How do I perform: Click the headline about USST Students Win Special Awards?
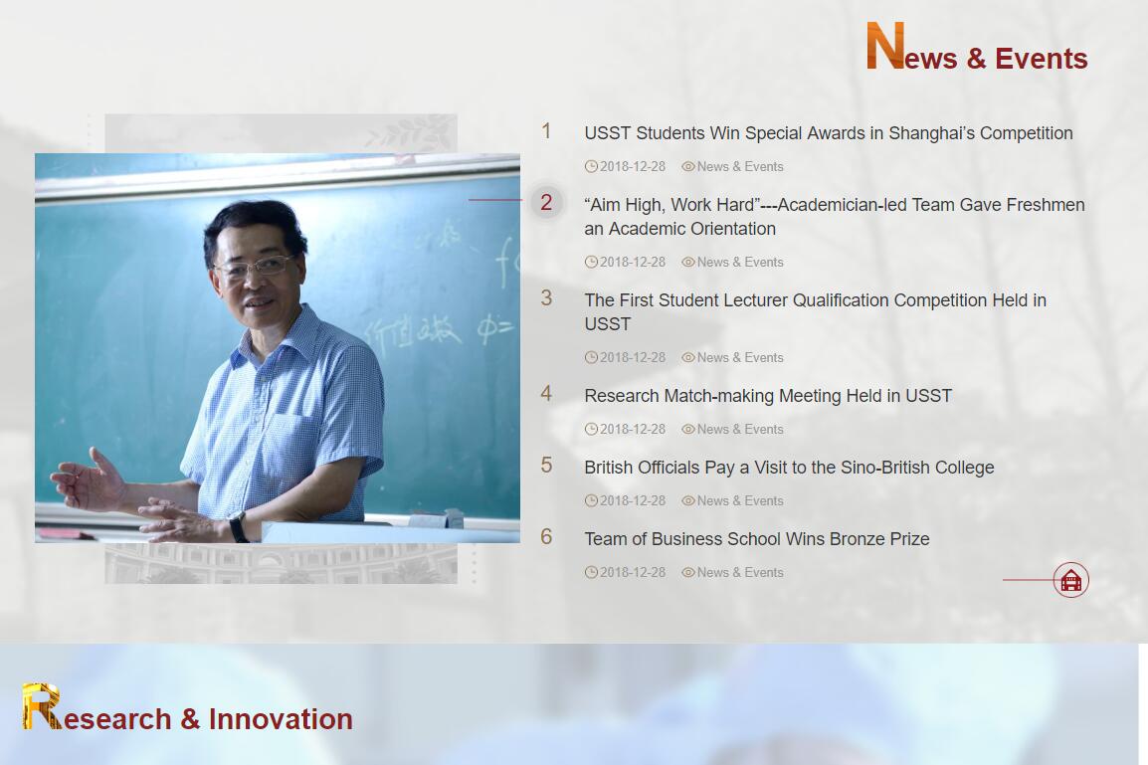pos(828,133)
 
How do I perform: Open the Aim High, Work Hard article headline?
pos(835,217)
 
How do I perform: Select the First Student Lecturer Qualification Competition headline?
pos(815,311)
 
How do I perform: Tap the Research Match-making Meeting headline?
pos(768,396)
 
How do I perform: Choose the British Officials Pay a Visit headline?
pos(789,468)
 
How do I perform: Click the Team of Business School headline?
pos(757,539)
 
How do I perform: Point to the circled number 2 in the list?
pos(546,202)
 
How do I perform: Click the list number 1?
pos(546,131)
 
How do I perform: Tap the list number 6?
pos(546,536)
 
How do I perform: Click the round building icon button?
pos(1071,580)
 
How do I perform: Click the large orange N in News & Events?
pos(885,46)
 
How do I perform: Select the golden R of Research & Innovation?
pos(41,706)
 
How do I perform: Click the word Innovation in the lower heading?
pos(281,719)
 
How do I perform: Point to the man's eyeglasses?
pos(254,268)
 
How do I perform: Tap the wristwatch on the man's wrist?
pos(238,526)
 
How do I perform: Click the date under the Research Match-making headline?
pos(633,430)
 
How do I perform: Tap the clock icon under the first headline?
pos(591,167)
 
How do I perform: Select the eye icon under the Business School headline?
pos(688,572)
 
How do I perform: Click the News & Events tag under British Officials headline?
pos(740,501)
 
